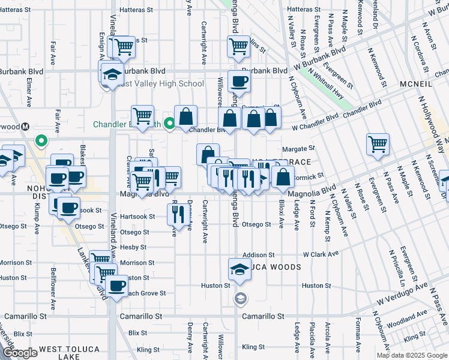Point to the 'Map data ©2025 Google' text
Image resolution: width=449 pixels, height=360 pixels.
(411, 355)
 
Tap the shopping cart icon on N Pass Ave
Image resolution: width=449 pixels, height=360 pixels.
(378, 144)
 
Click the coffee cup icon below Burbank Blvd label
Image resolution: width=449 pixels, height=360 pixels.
(239, 82)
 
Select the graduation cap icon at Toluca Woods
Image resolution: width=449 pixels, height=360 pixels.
(239, 269)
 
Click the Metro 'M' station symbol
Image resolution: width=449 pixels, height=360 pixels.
(25, 127)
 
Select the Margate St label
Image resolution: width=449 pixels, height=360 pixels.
(298, 148)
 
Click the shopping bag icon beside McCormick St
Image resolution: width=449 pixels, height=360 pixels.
(283, 176)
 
